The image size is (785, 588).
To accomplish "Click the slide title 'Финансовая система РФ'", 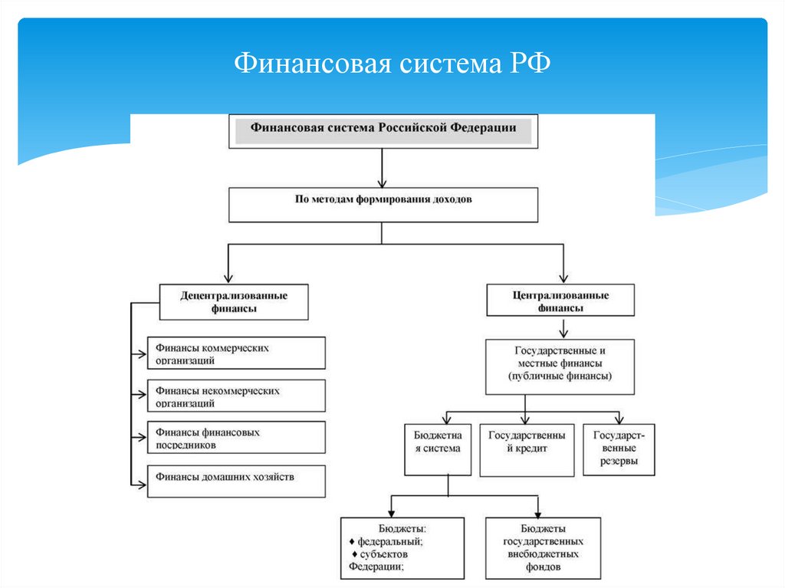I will click(392, 62).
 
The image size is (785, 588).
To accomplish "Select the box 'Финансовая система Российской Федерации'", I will click(383, 130).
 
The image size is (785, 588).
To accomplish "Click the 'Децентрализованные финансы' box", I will click(234, 301).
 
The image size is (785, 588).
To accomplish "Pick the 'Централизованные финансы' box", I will click(560, 301).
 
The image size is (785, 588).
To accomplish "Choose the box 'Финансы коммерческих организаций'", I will click(236, 353).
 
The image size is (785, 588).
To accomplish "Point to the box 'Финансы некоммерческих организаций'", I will click(236, 396).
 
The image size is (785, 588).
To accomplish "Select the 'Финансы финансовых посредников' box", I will click(236, 437).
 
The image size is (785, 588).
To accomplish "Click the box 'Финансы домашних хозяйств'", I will click(236, 481).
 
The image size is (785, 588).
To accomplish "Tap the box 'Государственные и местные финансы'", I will click(560, 366).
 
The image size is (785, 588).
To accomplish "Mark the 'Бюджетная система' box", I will click(436, 448).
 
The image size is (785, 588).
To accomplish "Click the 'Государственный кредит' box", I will click(527, 448).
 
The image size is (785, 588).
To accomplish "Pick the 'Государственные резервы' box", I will click(619, 448).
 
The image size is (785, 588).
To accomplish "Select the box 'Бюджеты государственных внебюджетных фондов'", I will click(543, 547).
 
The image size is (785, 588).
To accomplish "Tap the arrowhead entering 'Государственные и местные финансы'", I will click(563, 333).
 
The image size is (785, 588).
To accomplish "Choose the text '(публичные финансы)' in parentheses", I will click(560, 377).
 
